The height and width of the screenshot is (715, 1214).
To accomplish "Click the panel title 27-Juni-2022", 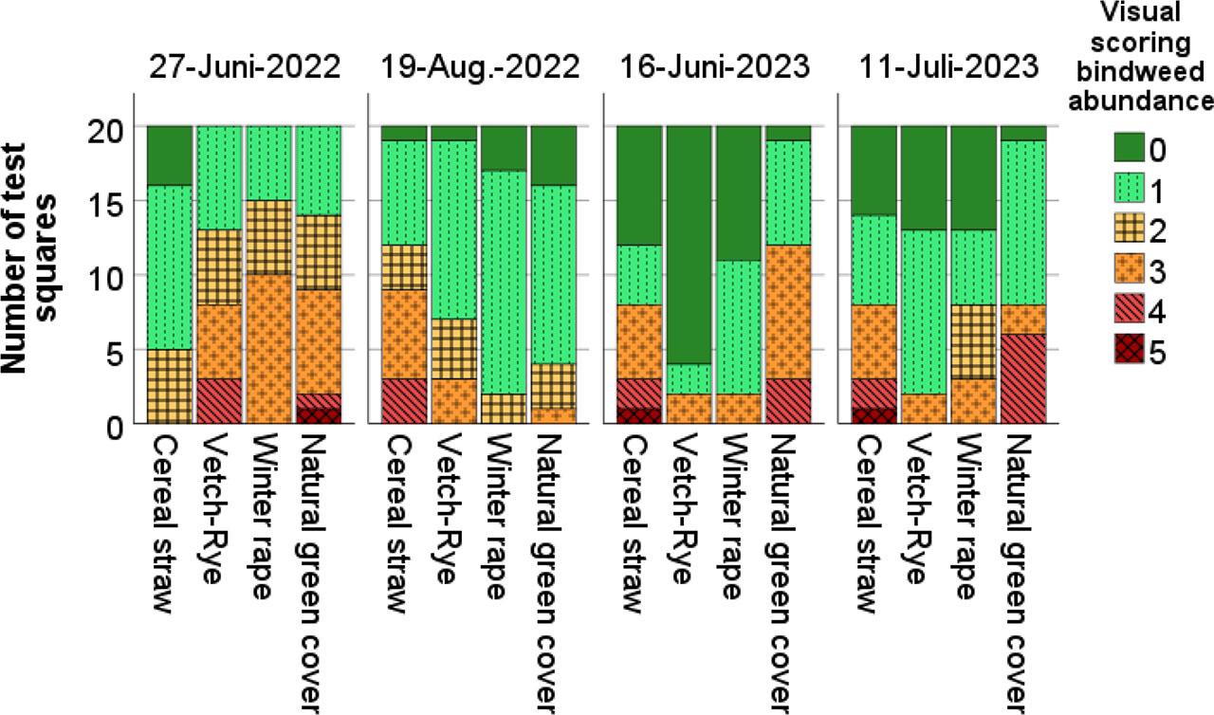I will [245, 69].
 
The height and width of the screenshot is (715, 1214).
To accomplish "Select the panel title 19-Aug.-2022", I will [480, 69].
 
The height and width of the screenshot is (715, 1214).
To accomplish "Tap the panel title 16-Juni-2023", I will [715, 69].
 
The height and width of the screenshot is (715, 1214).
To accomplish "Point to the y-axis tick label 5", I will [115, 352].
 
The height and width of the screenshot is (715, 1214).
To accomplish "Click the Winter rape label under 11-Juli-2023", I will [974, 517].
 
